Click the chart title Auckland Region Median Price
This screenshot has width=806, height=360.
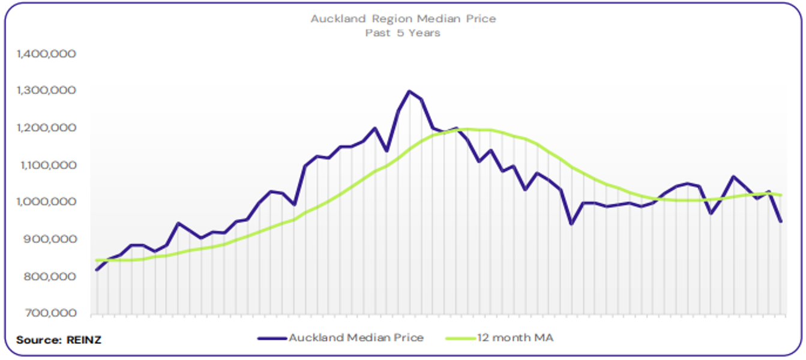coord(403,19)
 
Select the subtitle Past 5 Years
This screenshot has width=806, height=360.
coord(403,33)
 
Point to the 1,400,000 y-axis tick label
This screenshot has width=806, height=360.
coord(47,54)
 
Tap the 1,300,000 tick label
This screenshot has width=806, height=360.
coord(47,91)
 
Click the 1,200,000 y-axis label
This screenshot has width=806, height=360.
coord(47,128)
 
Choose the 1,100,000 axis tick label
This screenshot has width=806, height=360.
coord(47,165)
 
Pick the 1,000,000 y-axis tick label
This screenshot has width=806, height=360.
coord(47,202)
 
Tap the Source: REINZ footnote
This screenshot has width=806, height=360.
coord(59,340)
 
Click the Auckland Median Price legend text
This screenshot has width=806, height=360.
coord(356,338)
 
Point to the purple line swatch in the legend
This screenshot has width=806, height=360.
coord(272,338)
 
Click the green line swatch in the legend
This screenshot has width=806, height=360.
coord(460,338)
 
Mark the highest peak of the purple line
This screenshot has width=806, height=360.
coord(409,91)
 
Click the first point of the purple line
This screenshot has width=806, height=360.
coord(97,270)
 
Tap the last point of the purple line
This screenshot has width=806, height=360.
coord(781,221)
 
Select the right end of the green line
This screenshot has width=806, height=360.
coord(781,195)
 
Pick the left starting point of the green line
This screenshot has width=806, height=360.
coord(97,260)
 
